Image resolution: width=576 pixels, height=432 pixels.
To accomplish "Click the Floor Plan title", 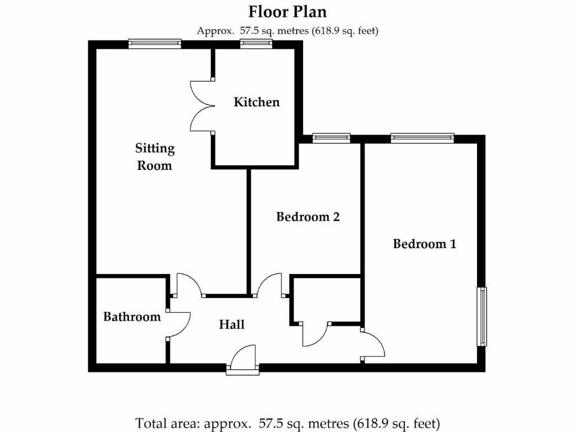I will (287, 11).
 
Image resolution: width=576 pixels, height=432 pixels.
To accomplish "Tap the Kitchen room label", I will (256, 102).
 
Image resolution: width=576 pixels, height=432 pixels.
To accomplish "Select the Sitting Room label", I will (155, 156).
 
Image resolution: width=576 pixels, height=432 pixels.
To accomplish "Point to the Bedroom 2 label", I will (308, 217).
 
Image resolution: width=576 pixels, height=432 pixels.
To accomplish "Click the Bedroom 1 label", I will (424, 244).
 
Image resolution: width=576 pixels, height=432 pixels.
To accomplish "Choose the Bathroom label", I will (132, 317).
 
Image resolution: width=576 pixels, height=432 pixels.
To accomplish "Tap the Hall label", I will (232, 325).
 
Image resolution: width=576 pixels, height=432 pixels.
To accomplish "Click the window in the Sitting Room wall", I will (155, 43).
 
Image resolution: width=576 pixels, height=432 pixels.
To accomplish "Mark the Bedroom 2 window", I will (331, 138).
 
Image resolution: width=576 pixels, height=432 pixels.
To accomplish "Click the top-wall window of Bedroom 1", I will (422, 138).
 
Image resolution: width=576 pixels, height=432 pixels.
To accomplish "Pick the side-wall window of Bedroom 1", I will (482, 317).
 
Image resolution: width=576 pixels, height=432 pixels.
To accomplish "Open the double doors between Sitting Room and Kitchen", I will (201, 105).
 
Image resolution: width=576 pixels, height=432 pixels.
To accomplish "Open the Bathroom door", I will (179, 324).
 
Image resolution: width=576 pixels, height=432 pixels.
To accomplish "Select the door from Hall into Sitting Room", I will (189, 285).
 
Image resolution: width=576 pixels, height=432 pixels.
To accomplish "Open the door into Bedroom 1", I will (372, 344).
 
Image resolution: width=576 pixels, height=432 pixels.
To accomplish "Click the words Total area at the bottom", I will (165, 423).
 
